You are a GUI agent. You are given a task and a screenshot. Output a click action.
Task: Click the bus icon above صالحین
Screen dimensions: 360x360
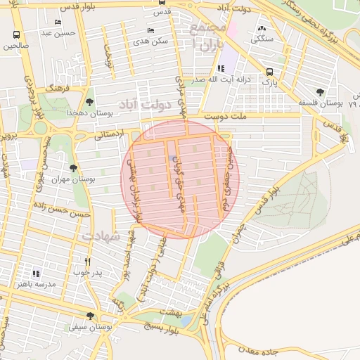[15, 34]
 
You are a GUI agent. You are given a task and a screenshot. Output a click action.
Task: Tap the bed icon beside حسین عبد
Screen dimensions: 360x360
[58, 22]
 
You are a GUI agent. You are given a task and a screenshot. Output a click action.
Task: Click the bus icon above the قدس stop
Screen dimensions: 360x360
[162, 2]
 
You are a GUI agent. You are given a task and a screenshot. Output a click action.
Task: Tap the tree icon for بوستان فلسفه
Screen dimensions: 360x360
[321, 92]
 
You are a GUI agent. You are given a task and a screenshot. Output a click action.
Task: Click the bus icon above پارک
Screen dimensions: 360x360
[269, 72]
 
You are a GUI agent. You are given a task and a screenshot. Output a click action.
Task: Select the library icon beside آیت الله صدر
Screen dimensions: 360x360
[221, 69]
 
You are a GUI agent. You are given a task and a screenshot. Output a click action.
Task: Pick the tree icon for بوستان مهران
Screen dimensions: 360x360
[73, 168]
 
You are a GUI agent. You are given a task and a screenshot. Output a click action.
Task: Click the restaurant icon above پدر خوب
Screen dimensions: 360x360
[87, 261]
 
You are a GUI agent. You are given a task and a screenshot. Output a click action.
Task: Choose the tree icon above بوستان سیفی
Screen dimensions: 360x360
[90, 316]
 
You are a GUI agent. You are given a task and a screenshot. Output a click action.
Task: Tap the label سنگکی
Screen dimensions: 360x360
[263, 37]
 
